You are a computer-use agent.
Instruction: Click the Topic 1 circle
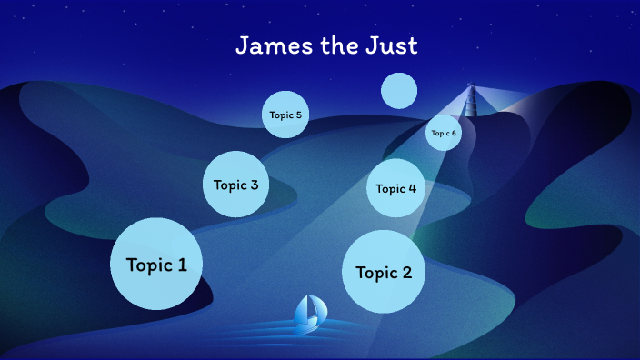pos(156,264)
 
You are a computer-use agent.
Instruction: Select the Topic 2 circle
pos(384,271)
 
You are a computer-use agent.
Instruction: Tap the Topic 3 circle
pos(235,185)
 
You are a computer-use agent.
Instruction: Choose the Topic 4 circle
pos(396,188)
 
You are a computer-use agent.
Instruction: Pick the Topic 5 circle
pos(285,115)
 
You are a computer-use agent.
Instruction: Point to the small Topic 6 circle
pos(444,133)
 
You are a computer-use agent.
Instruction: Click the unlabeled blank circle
pos(399,90)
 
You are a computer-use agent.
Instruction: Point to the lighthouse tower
pos(471,99)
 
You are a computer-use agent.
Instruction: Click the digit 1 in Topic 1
pos(182,265)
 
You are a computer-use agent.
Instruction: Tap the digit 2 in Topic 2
pos(406,272)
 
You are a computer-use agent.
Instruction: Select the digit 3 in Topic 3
pos(254,185)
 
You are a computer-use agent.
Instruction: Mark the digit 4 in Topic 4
pos(413,188)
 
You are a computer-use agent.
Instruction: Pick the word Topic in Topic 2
pos(375,273)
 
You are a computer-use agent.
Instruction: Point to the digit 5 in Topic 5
pos(298,115)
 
